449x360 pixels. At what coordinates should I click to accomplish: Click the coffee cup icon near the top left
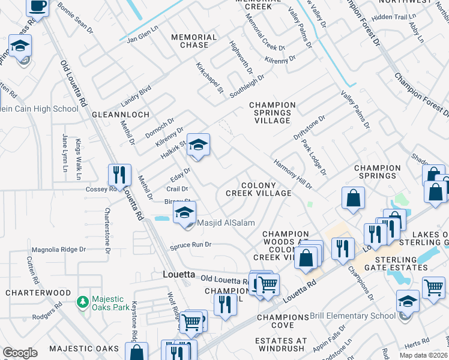point(38,7)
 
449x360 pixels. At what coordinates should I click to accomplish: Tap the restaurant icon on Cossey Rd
point(119,175)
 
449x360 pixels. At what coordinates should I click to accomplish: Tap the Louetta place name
point(179,274)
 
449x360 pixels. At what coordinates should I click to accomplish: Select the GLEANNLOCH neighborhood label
point(116,113)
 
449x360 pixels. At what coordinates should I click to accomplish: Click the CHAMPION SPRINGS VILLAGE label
point(272,113)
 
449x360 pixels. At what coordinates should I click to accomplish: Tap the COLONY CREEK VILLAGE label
point(259,190)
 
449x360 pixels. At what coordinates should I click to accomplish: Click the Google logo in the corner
point(20,353)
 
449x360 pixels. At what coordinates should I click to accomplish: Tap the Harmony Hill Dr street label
point(293,173)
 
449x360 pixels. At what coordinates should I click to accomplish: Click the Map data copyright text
point(423,355)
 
